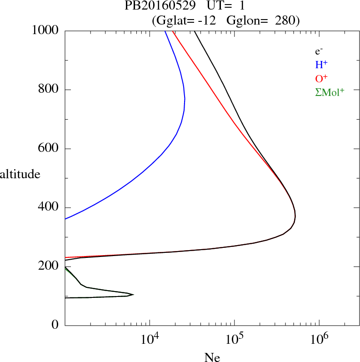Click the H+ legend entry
tap(322, 65)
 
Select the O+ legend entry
tap(322, 78)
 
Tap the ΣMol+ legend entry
tap(330, 92)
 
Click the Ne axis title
tap(212, 357)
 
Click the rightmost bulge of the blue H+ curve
tap(185, 100)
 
